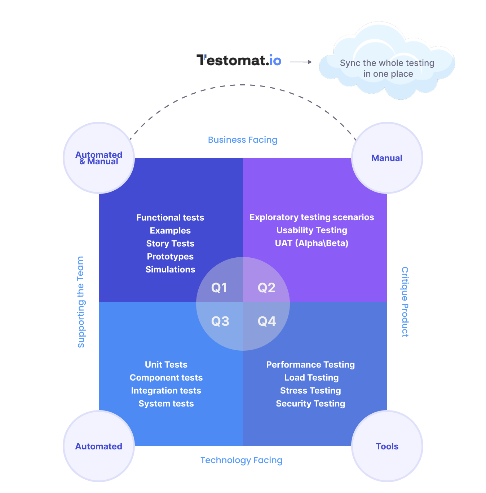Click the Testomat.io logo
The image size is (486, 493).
coord(239,60)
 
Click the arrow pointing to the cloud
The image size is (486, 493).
coord(301,62)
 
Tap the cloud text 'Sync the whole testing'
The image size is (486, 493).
coord(387,63)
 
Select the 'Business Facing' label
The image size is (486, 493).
coord(243,140)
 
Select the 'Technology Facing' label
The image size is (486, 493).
coord(241,460)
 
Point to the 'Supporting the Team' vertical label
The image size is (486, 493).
coord(81,302)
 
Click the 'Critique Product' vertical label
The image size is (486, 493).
coord(405,302)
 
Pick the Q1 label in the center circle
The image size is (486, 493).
coord(219,288)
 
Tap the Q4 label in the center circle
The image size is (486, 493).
coord(267,321)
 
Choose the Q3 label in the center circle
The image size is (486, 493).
coord(220,321)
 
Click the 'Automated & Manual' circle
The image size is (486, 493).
coord(99,158)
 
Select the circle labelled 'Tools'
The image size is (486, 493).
coord(387,446)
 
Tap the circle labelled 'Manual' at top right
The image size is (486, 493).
coord(387,158)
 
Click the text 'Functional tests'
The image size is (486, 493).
coord(170,218)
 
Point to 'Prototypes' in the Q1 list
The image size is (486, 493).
coord(170,257)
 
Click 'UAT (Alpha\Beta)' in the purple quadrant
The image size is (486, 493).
coord(312,243)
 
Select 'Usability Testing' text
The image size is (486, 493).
coord(312,230)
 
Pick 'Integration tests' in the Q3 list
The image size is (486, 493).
coord(166,391)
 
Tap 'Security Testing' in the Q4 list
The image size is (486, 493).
coord(310,404)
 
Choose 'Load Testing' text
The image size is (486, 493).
coord(312,378)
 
